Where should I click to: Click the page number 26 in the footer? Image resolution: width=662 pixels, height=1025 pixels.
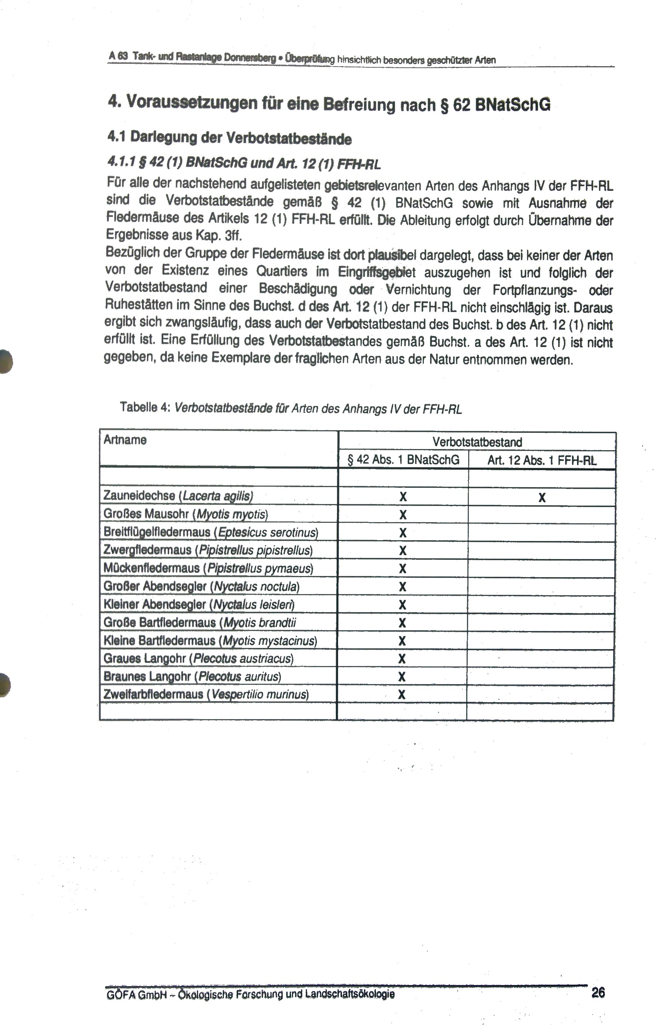coord(598,993)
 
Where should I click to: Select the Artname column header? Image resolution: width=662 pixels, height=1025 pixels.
coord(125,440)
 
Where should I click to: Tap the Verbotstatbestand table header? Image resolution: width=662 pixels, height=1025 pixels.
coord(477,442)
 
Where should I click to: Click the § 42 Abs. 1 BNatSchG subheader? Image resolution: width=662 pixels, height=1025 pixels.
coord(403,460)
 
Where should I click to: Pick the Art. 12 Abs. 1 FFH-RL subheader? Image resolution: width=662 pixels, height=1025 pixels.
coord(542,461)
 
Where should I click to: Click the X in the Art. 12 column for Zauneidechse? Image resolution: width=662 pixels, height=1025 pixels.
coord(542,497)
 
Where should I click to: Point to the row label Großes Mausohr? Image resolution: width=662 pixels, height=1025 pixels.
coord(186,514)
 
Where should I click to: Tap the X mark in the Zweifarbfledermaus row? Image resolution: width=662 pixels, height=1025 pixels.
coord(402,694)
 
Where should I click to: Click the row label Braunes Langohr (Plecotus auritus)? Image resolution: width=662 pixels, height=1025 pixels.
coord(192,676)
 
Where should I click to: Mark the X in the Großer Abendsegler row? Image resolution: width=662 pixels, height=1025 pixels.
coord(402,586)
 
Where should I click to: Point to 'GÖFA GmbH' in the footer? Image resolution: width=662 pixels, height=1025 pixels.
coord(136,994)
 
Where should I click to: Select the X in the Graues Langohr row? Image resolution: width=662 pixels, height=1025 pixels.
coord(402,659)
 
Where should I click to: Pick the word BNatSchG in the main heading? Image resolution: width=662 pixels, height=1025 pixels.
coord(512,105)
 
